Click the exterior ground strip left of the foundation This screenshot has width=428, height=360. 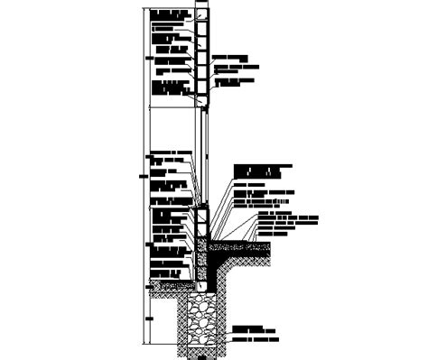172,287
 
